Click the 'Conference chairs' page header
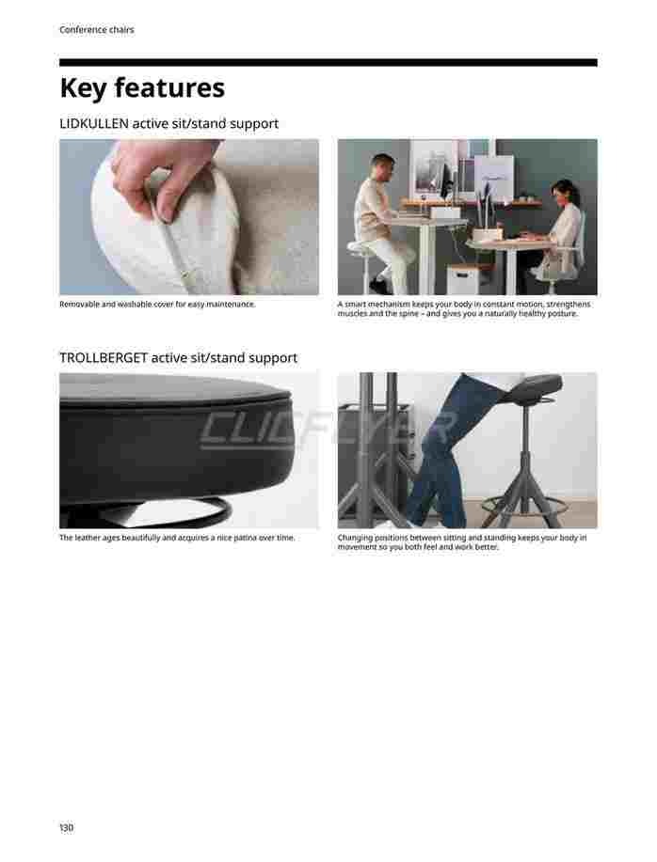point(97,30)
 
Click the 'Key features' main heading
point(142,88)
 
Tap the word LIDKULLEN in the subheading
point(93,123)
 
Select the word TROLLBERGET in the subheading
point(104,357)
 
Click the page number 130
point(66,827)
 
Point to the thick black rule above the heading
point(328,63)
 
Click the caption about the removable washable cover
point(157,304)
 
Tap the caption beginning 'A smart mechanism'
point(464,308)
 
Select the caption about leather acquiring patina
point(177,538)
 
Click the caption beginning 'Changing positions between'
point(462,542)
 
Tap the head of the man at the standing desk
point(383,167)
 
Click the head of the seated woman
point(564,193)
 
